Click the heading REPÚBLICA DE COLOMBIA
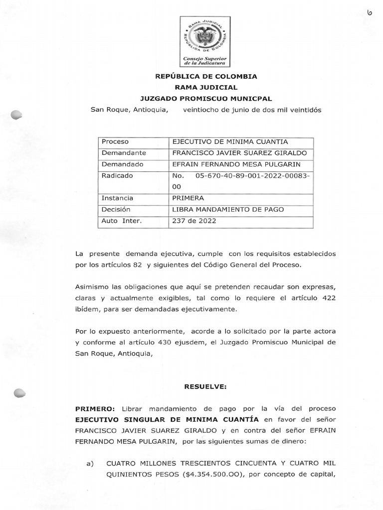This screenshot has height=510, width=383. (206, 77)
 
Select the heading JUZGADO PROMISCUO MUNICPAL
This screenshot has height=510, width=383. (206, 98)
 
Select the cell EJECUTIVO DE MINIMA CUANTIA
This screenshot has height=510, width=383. (229, 142)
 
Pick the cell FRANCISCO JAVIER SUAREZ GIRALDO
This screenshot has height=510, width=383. (239, 153)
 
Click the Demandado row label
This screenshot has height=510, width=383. (122, 164)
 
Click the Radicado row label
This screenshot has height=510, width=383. (118, 176)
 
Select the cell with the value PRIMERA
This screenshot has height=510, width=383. (186, 198)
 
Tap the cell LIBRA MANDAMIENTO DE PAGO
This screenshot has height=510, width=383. (227, 210)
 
